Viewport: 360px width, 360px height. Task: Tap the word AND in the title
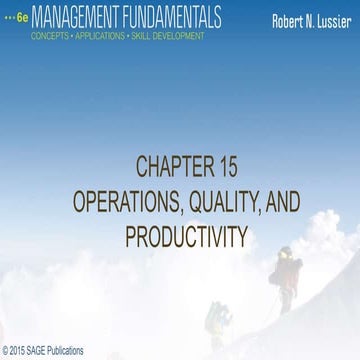[x=281, y=200]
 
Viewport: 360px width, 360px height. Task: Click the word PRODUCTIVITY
[x=180, y=237]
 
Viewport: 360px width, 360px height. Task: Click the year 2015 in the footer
[x=20, y=350]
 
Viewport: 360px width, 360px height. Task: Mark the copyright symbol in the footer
[x=6, y=350]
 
